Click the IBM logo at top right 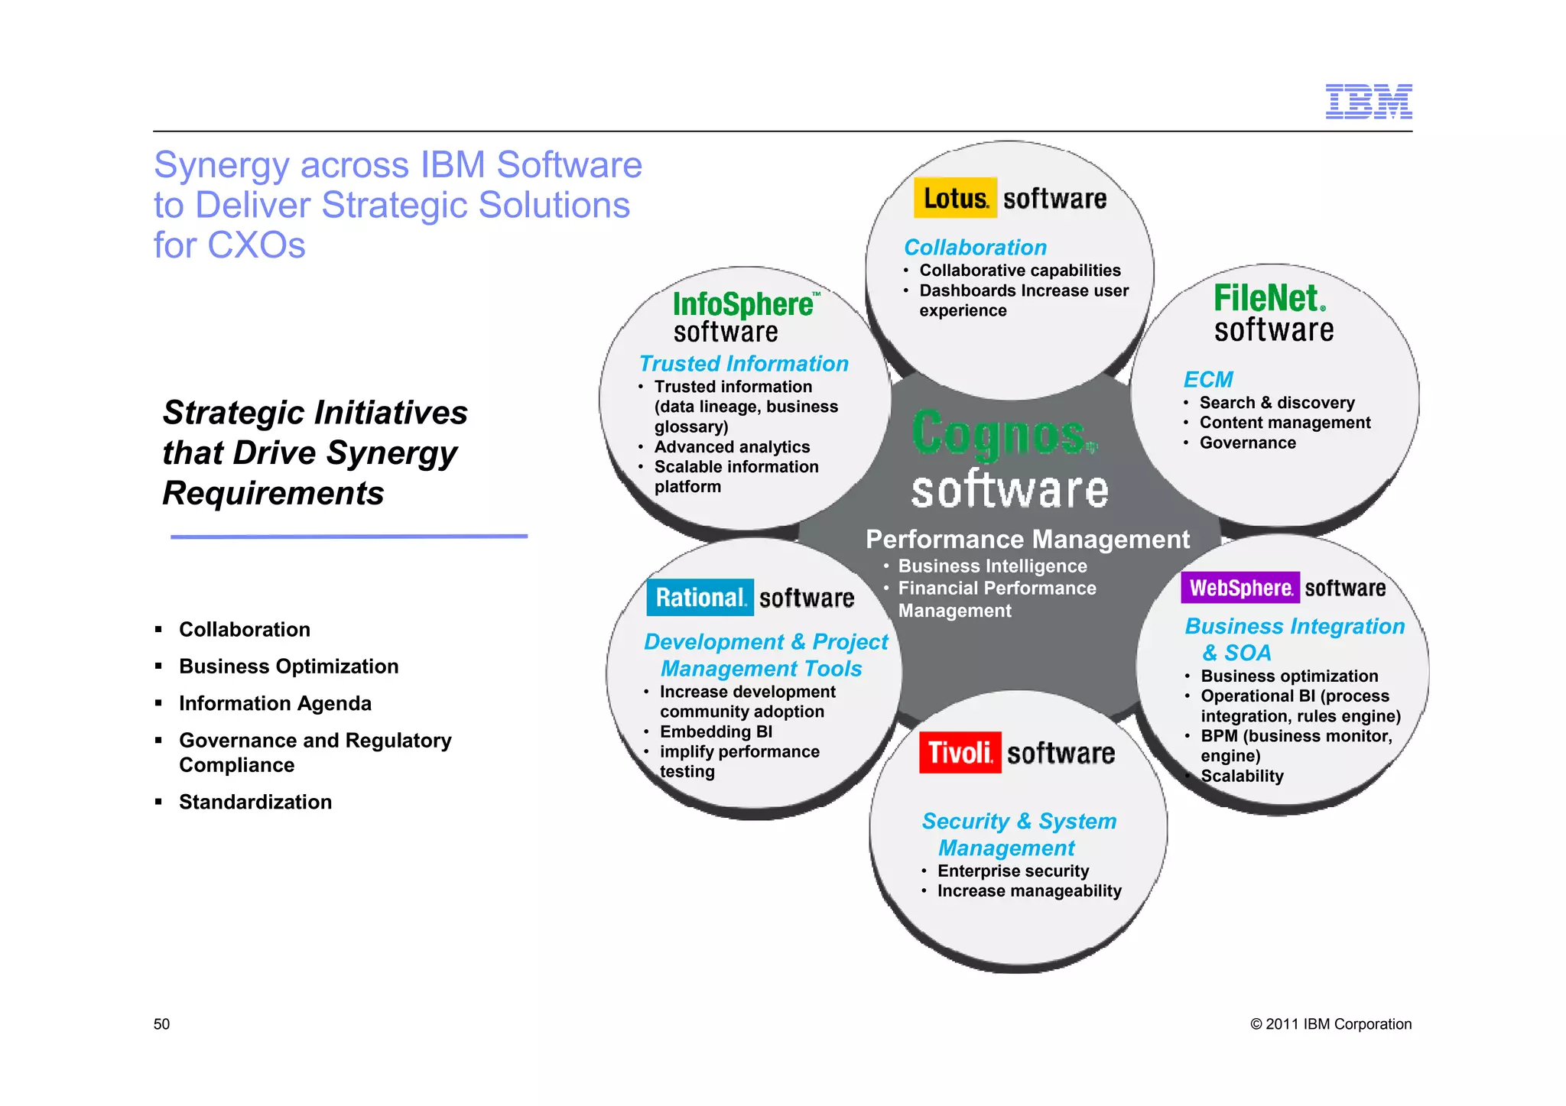click(x=1368, y=101)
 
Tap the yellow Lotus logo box click(x=955, y=198)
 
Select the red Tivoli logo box click(x=960, y=753)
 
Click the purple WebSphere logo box click(x=1239, y=588)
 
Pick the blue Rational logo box click(x=700, y=598)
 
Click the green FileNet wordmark click(x=1269, y=298)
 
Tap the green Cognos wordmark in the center click(x=1003, y=433)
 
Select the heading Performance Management click(x=1027, y=540)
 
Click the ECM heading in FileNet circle click(x=1207, y=379)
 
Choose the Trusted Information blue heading click(x=743, y=364)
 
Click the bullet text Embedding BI click(x=716, y=731)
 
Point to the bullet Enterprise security click(x=1012, y=871)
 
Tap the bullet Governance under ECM click(x=1247, y=443)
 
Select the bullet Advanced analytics click(x=732, y=446)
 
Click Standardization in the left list click(x=255, y=802)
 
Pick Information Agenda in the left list click(x=275, y=703)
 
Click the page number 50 click(x=161, y=1024)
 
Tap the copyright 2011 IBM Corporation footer click(x=1330, y=1024)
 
